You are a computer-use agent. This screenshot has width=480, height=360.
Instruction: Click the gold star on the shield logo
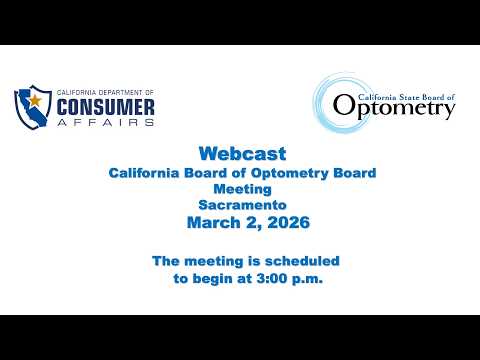[x=35, y=100]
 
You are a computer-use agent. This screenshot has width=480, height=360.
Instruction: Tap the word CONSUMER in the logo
[x=105, y=107]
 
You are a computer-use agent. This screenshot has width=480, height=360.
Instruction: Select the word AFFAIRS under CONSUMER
[x=105, y=122]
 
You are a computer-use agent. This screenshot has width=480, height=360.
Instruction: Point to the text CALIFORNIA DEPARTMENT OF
[x=105, y=92]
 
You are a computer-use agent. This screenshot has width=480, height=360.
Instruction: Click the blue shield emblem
[x=33, y=107]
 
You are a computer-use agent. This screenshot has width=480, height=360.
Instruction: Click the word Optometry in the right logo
[x=394, y=107]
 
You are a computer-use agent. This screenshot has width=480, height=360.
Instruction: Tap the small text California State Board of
[x=406, y=97]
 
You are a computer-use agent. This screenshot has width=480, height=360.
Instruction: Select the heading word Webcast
[x=242, y=154]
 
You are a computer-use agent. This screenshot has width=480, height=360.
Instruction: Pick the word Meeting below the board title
[x=242, y=189]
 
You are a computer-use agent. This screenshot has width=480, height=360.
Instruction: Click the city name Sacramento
[x=242, y=205]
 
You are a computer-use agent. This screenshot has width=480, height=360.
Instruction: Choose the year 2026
[x=289, y=222]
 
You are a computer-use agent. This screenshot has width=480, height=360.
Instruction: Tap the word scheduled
[x=302, y=261]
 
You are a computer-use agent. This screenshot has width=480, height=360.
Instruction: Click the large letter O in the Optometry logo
[x=343, y=105]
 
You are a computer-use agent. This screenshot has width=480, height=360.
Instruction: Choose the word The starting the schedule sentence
[x=166, y=261]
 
